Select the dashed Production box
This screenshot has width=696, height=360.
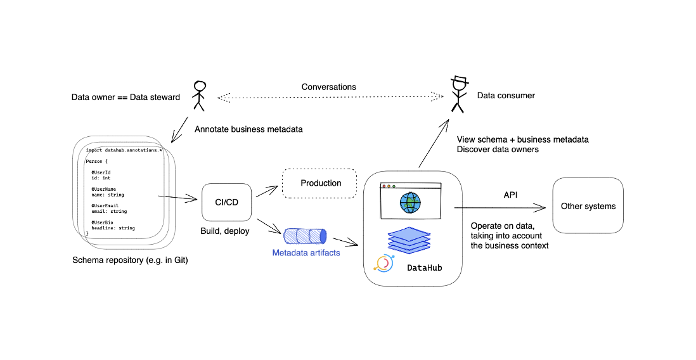click(321, 183)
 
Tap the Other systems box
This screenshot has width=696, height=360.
click(588, 206)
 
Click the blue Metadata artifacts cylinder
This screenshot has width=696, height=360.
click(306, 236)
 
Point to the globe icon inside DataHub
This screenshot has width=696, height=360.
click(410, 203)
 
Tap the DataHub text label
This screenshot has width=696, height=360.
click(424, 268)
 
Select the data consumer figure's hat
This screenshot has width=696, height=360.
click(459, 81)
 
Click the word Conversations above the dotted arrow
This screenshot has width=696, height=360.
click(328, 86)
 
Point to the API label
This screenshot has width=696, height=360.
click(510, 195)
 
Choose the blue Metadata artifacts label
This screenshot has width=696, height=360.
click(306, 253)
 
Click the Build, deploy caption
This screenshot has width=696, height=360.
click(224, 231)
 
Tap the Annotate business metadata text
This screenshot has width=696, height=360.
click(248, 129)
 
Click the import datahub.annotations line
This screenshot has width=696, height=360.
click(124, 150)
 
